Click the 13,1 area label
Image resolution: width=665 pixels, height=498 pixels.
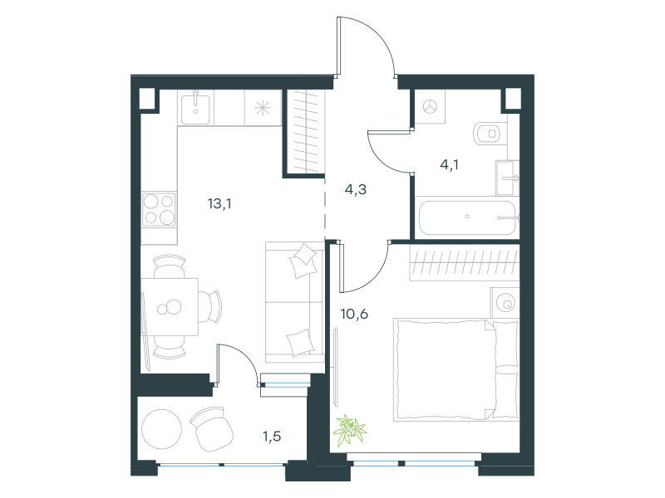coord(219,204)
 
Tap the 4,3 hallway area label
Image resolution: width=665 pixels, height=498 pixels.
coord(356,190)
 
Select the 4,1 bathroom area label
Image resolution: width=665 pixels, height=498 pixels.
coord(449,164)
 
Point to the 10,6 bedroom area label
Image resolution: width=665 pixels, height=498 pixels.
coord(354,315)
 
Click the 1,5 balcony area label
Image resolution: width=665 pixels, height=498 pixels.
coord(272,437)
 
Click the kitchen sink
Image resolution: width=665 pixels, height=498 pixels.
coord(195,109)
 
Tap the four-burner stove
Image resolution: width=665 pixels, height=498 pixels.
coord(159,209)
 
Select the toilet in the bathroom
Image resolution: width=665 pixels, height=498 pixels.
coord(490,134)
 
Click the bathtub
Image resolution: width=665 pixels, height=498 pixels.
coord(467,217)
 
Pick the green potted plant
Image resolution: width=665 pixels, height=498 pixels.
coord(350,431)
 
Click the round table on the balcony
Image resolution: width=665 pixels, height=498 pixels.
coord(161,429)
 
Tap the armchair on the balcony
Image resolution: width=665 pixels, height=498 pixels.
coord(212,428)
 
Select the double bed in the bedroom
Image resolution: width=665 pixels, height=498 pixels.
coord(456,369)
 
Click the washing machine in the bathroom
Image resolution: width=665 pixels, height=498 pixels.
coord(430,107)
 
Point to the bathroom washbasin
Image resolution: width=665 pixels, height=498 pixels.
coord(507,178)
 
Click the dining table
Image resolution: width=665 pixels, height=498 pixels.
coord(170,307)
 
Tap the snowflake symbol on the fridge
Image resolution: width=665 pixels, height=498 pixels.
coord(263,108)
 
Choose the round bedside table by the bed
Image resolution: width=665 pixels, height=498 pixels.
coord(505,303)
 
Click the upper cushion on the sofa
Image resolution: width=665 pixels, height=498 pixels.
coord(303,261)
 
